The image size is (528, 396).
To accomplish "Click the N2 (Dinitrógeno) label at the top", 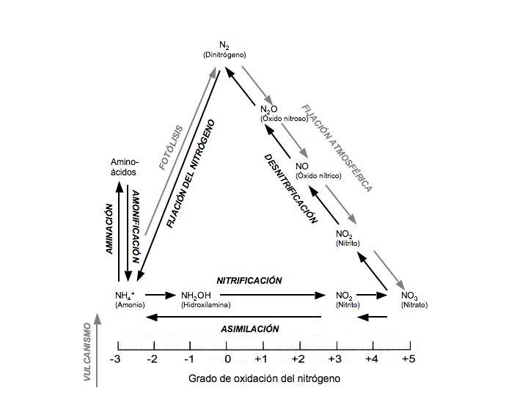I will pyautogui.click(x=224, y=49).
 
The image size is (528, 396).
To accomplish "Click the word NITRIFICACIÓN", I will pyautogui.click(x=249, y=280).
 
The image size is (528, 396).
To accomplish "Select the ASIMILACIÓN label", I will pyautogui.click(x=250, y=329).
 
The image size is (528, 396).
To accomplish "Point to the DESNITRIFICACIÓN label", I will pyautogui.click(x=291, y=188).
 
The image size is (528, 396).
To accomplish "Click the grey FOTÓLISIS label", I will pyautogui.click(x=172, y=146).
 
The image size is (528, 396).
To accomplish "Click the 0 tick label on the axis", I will pyautogui.click(x=227, y=359).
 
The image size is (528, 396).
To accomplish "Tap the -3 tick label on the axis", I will pyautogui.click(x=115, y=359).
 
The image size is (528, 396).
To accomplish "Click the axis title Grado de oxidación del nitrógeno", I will pyautogui.click(x=264, y=379).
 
